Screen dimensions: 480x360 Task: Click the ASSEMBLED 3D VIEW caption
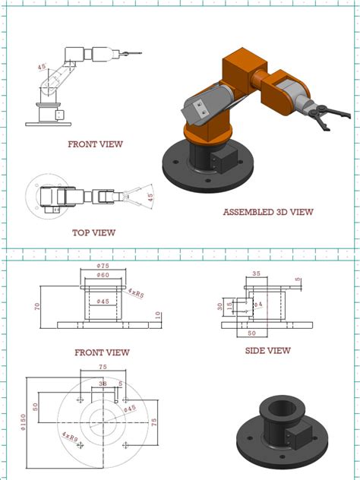pos(268,212)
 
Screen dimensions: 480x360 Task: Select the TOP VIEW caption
pos(93,232)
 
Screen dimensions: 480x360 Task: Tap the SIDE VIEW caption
pos(267,350)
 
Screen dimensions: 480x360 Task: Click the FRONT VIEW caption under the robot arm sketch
pos(95,144)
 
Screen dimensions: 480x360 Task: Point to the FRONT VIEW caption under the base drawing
pos(102,352)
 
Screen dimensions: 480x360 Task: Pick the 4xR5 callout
pos(137,291)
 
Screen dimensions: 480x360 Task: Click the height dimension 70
pos(36,307)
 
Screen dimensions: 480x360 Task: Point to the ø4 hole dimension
pos(257,305)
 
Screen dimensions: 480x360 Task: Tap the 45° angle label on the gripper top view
pos(150,197)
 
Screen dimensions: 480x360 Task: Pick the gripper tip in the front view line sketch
pos(137,53)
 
